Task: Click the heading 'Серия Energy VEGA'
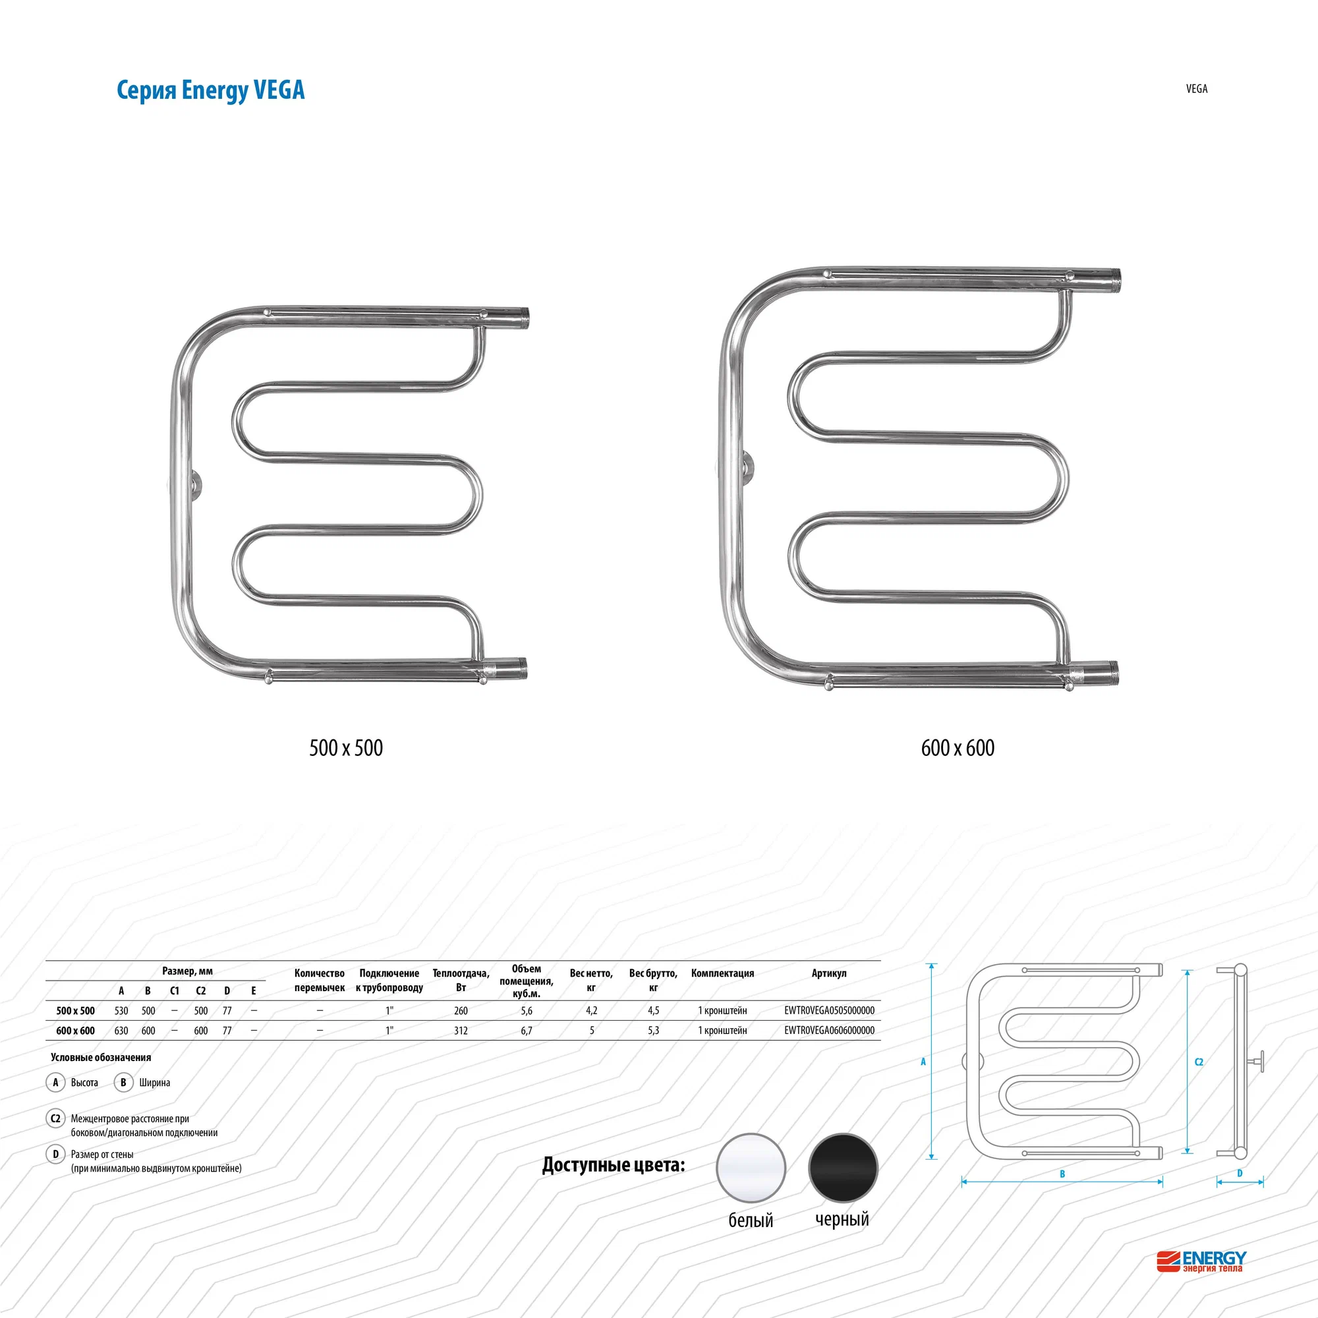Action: coord(210,90)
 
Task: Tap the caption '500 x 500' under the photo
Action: coord(346,748)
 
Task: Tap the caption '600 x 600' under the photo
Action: coord(957,748)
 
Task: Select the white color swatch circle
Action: coord(751,1168)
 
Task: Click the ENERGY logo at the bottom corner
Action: coord(1201,1261)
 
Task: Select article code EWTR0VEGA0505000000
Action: coord(829,1010)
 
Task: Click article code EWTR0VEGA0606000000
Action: coord(829,1030)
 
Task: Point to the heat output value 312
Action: coord(461,1030)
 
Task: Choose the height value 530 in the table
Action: coord(121,1010)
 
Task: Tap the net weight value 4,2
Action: coord(592,1010)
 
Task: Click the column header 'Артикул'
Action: coord(829,973)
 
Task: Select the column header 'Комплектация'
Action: coord(722,973)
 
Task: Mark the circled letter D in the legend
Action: coord(56,1154)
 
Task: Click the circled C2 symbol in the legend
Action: coord(56,1118)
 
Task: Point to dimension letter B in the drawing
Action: coord(1062,1174)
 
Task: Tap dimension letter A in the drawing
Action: coord(923,1062)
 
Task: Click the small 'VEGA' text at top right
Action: coord(1197,89)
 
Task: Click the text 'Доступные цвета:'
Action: coord(614,1164)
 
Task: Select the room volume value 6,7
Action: coord(527,1030)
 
